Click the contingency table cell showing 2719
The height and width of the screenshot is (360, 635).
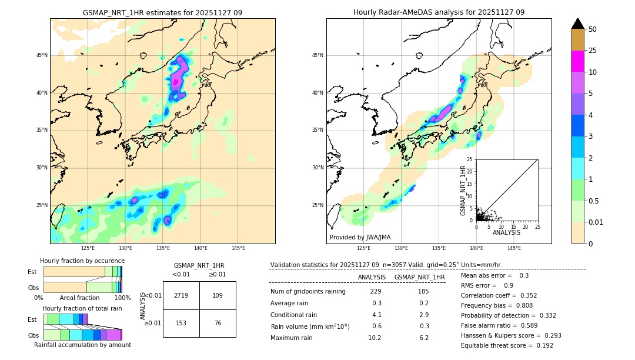(181, 295)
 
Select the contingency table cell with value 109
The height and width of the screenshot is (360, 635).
(218, 295)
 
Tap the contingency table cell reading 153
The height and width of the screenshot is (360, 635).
(181, 323)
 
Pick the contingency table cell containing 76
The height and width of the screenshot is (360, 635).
(218, 323)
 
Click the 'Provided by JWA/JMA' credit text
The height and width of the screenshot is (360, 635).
(360, 237)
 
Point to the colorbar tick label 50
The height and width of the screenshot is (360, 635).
(593, 29)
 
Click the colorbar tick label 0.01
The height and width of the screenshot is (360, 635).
(595, 222)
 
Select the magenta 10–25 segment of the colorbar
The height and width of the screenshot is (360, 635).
(577, 61)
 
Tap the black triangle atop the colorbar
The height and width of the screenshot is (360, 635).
(577, 24)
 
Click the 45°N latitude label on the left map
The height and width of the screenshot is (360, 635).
(42, 55)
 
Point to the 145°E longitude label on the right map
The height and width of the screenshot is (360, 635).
(514, 248)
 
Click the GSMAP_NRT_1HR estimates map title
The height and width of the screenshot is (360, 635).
(162, 12)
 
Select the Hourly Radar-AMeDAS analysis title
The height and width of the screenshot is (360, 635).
(439, 12)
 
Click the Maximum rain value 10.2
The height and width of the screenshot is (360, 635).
(375, 338)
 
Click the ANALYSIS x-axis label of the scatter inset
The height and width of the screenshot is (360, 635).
(506, 232)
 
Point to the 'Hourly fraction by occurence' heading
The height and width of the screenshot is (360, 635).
(82, 261)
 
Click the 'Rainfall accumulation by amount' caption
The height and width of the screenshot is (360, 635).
(82, 345)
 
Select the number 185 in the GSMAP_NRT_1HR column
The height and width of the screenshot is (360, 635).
(423, 291)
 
